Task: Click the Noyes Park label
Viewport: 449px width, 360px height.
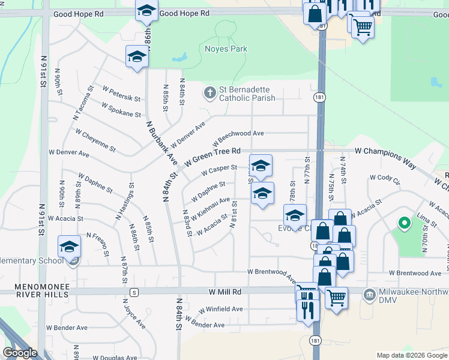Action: (x=226, y=49)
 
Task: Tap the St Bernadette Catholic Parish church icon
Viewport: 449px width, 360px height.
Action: (x=209, y=92)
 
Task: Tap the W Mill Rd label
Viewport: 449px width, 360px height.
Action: (x=225, y=292)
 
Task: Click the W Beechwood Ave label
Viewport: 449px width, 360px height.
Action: (x=238, y=138)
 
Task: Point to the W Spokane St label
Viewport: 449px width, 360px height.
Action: (x=121, y=109)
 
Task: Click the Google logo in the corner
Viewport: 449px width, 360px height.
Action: (x=20, y=353)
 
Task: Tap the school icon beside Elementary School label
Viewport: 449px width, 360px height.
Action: (x=69, y=247)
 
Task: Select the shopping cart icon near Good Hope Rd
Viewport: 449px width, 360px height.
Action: (x=363, y=25)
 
